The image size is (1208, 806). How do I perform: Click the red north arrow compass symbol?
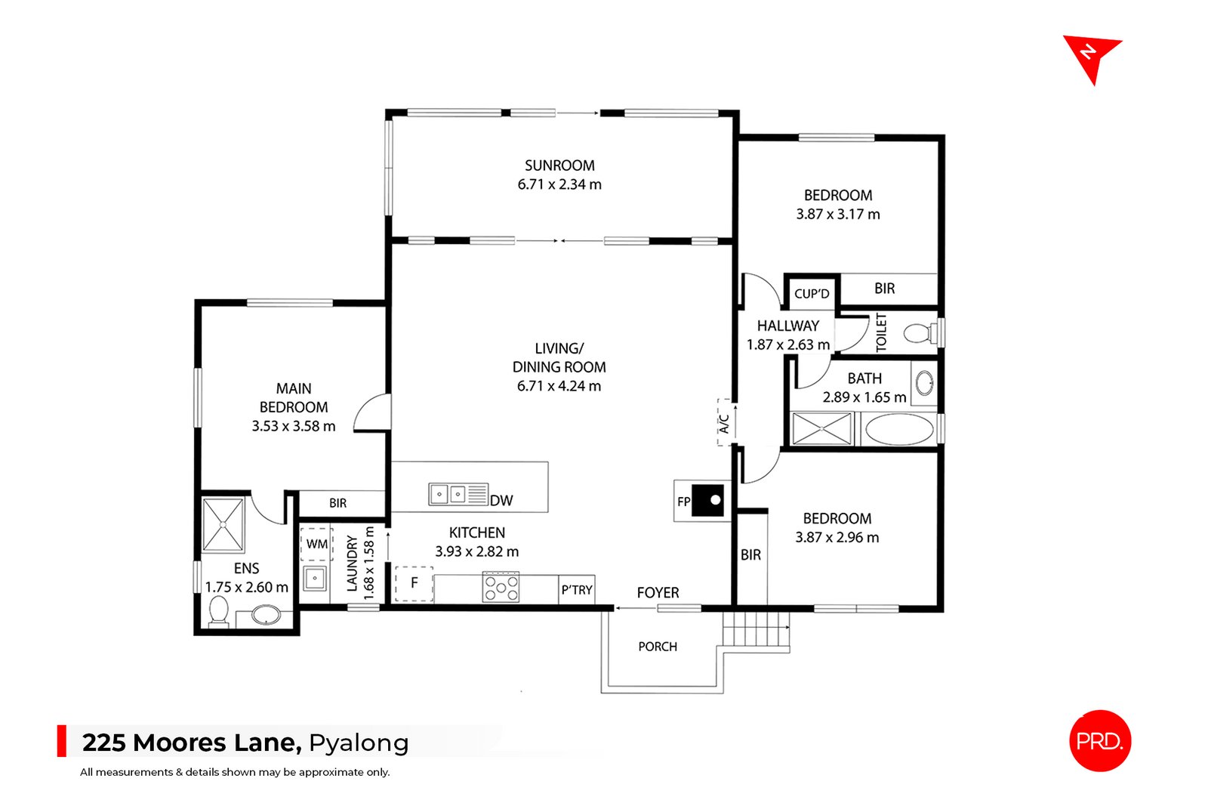pos(1091,57)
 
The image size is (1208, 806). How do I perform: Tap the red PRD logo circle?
pos(1100,741)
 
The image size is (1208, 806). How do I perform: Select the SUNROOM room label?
pos(559,165)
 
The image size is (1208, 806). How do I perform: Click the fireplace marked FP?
pos(702,501)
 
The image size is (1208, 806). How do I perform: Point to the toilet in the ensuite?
pos(218,611)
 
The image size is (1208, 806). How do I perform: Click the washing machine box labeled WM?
pos(317,544)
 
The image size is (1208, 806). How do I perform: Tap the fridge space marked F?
pos(414,583)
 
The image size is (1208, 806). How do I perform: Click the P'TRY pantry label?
pos(577,590)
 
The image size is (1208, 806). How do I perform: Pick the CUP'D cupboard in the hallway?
pos(812,294)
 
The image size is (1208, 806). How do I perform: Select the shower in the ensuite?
pos(223,525)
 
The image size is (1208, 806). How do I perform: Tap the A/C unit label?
pos(724,423)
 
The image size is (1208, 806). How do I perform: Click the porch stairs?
pos(757,630)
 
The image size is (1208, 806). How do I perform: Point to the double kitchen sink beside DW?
pos(448,495)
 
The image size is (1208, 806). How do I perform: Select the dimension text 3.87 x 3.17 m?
pos(838,215)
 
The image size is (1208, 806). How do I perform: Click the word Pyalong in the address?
pos(359,743)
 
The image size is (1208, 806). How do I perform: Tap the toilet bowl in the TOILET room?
pos(918,333)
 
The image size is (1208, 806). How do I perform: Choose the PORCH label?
pos(658,647)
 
